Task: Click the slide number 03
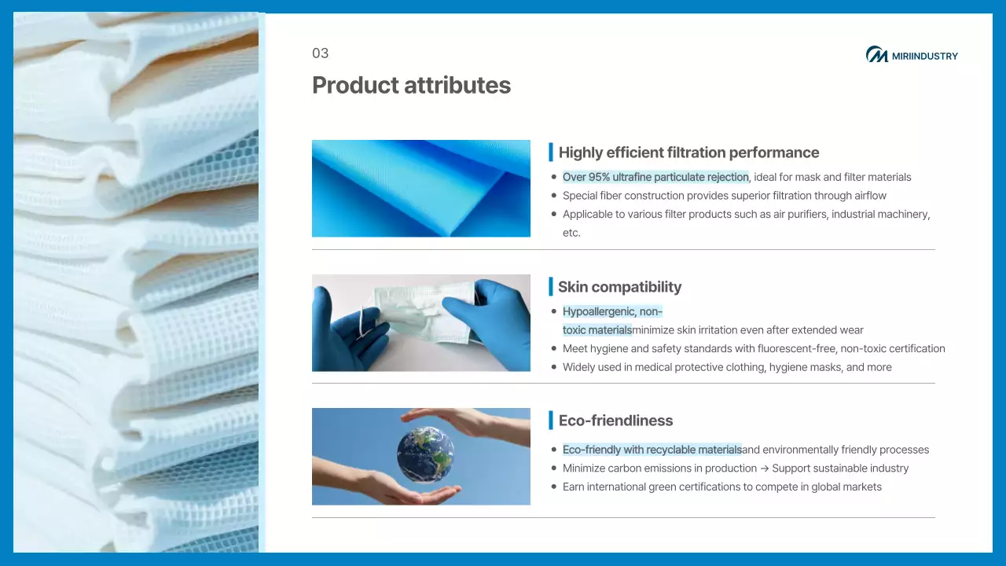320,53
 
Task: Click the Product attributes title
411,86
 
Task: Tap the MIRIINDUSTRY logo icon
876,54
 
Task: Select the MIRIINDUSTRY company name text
925,56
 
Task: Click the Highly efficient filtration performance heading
688,153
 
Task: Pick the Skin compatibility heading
619,287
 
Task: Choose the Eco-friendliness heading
615,421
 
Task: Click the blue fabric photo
420,188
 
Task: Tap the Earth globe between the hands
425,454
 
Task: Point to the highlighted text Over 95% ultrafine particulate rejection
655,177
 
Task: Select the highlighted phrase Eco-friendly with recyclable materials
652,450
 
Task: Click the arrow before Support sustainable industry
765,469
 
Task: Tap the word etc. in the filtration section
571,233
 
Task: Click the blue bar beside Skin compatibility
551,287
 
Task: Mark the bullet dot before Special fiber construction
554,196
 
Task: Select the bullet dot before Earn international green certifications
554,487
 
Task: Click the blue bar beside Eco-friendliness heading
551,420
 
